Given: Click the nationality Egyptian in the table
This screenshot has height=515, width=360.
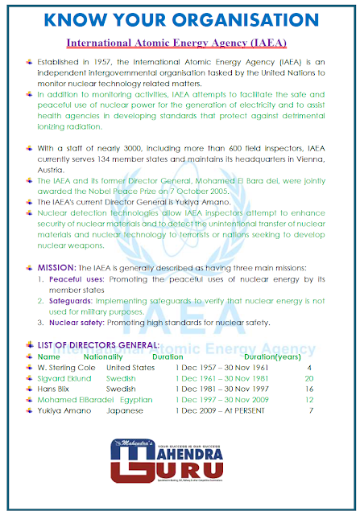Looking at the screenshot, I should point(136,399).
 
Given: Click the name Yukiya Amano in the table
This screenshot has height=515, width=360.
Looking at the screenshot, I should point(64,410).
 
